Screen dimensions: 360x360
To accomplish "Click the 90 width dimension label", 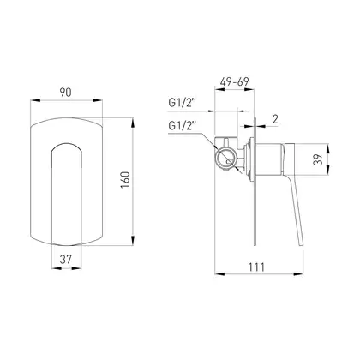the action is point(65,93).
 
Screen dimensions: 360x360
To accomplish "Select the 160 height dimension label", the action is point(125,179).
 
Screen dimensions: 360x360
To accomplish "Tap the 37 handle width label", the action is point(66,260).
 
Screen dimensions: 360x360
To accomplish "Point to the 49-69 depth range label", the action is point(234,82).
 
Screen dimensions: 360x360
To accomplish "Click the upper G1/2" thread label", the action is point(183,103).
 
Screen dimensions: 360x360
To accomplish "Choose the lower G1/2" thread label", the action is point(183,125).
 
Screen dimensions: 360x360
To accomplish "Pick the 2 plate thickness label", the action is point(275,119).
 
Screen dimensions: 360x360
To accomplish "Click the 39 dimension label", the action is point(318,159).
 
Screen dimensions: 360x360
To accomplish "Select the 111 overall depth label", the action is point(256,267).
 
